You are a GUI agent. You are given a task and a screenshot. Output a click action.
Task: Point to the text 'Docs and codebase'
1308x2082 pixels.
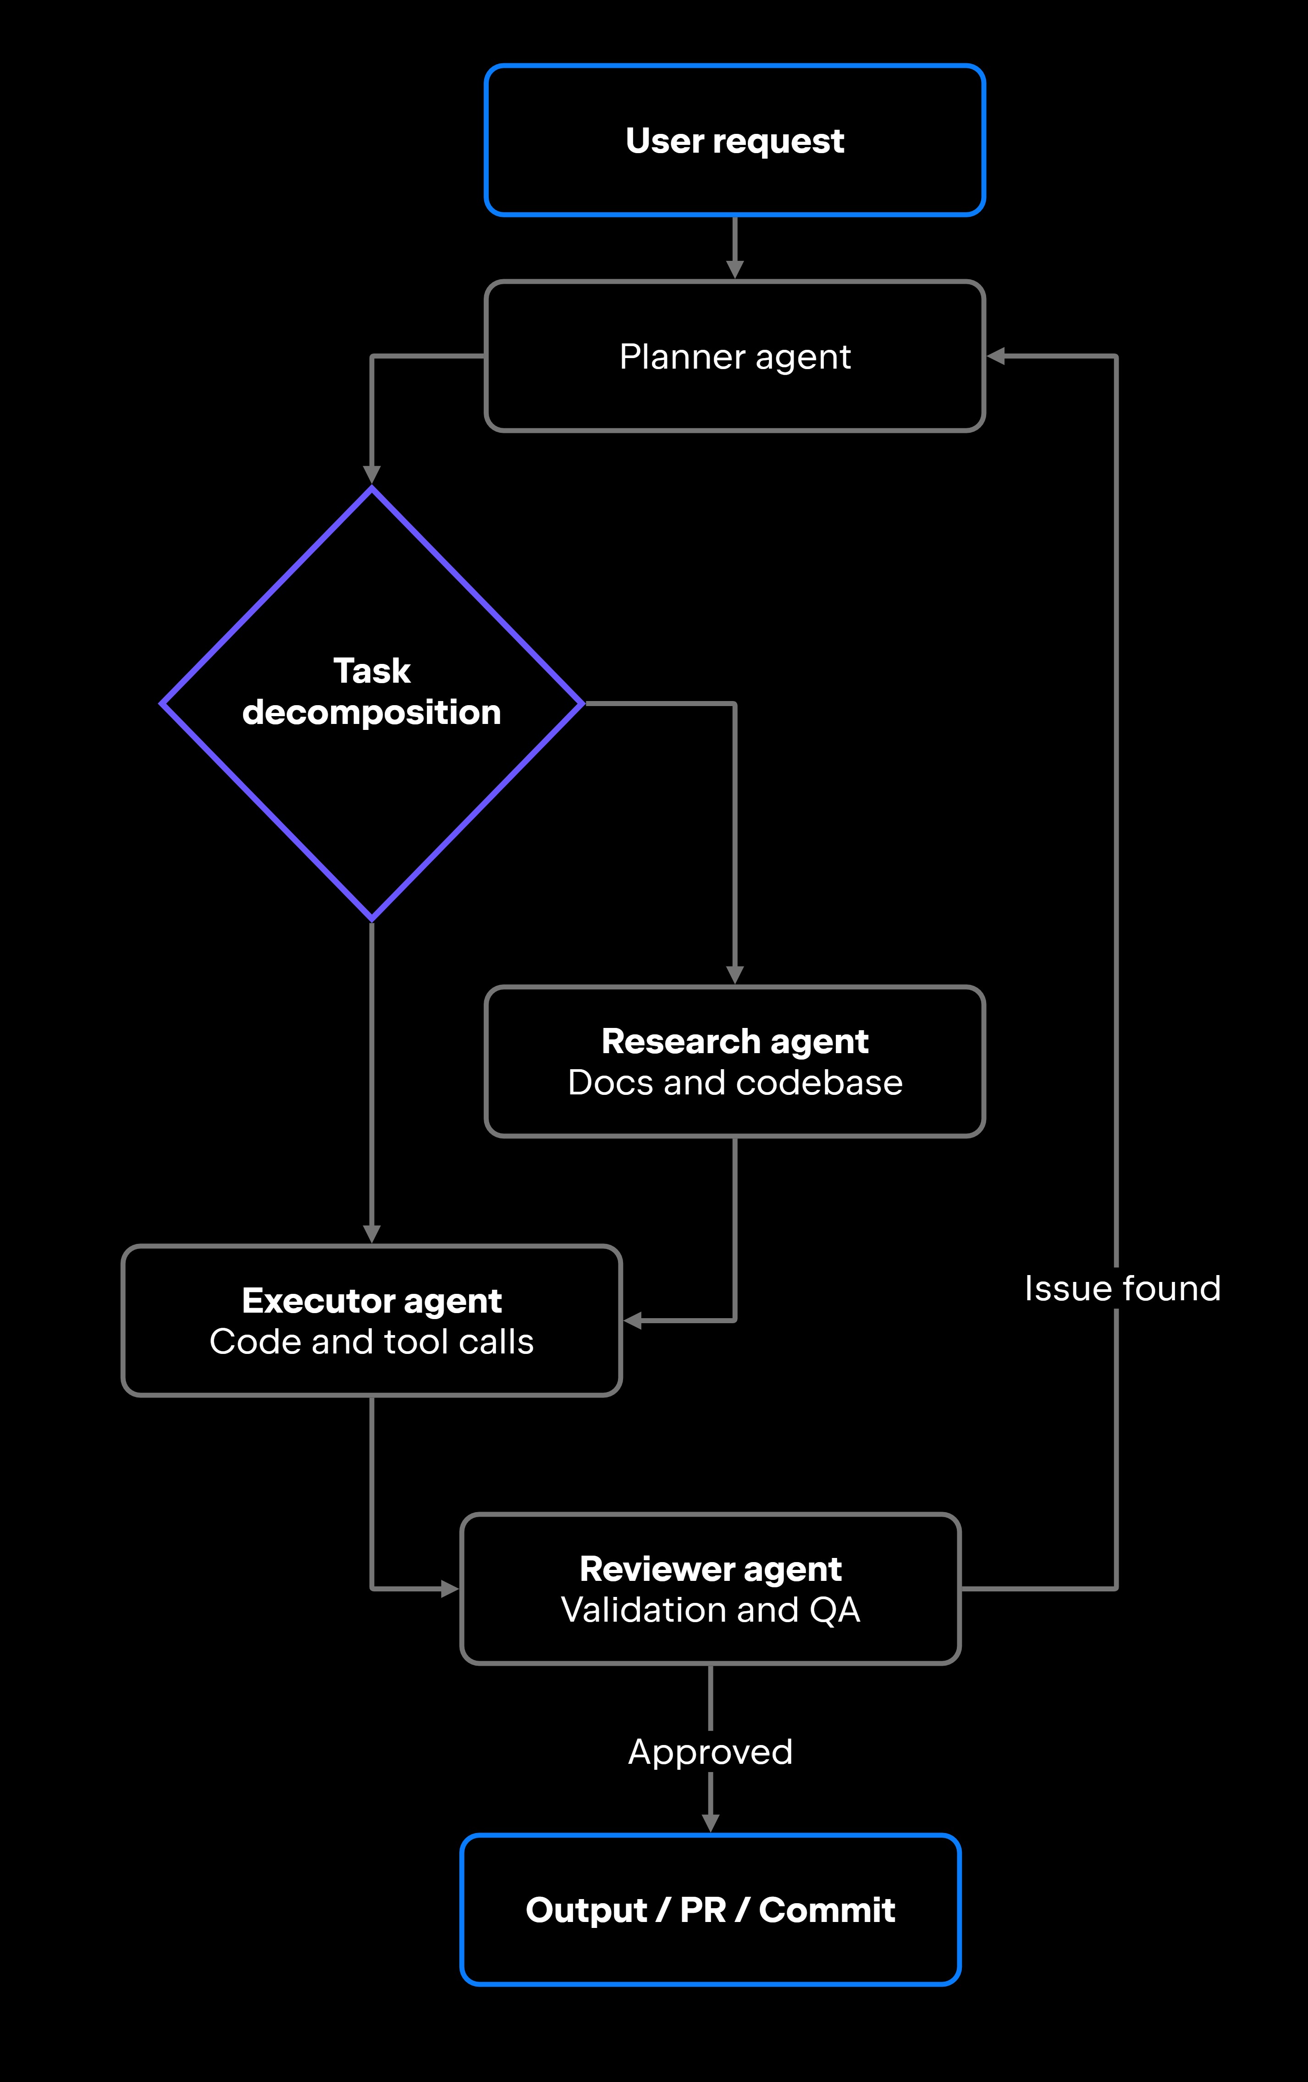(x=735, y=1082)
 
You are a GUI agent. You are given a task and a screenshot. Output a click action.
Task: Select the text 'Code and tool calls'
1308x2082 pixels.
(x=372, y=1342)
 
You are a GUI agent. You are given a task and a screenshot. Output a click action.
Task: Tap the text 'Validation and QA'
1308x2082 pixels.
(x=711, y=1610)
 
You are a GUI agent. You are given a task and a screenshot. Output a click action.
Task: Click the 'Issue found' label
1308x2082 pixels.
(x=1122, y=1288)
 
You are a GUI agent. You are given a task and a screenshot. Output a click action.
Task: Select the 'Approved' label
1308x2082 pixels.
(x=711, y=1752)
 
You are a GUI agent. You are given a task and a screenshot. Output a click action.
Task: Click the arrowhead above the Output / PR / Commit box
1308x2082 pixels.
(x=711, y=1822)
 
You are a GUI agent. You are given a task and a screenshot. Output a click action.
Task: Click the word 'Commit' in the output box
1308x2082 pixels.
(x=828, y=1910)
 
